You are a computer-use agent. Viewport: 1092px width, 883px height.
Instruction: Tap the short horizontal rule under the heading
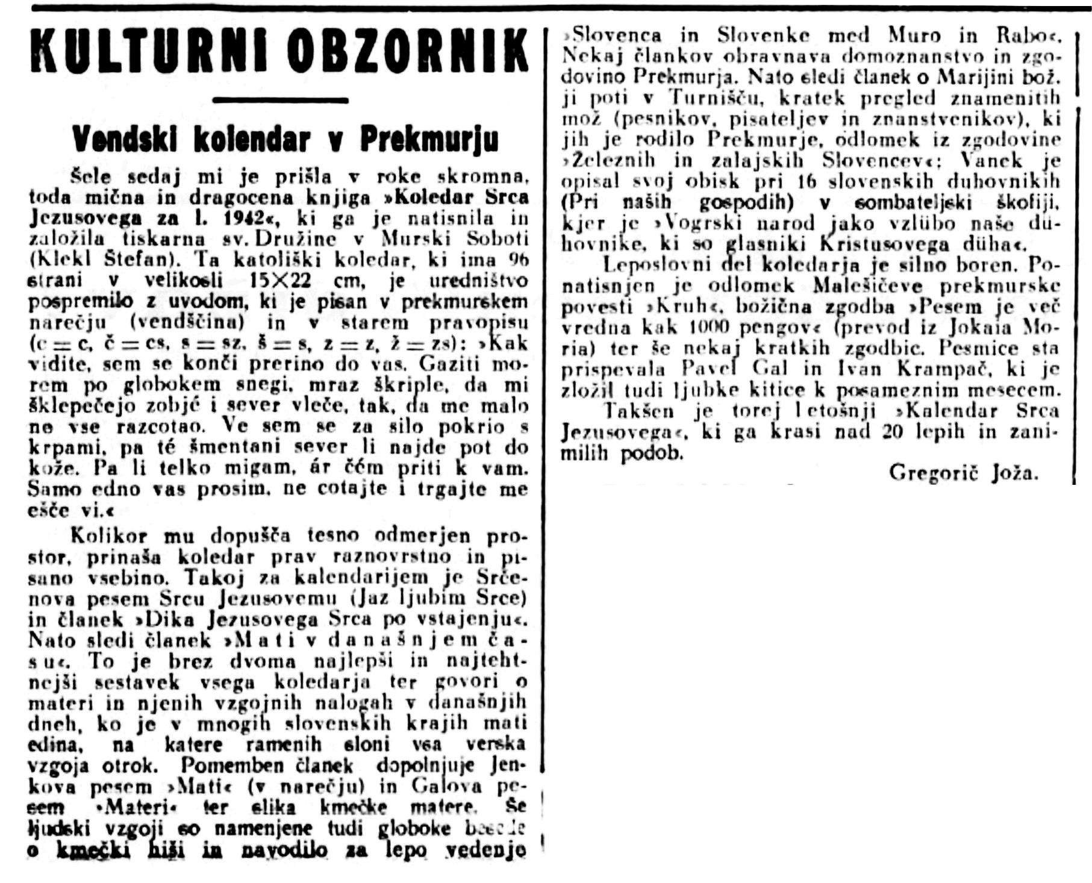pos(281,100)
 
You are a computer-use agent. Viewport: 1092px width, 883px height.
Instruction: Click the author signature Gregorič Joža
pos(964,473)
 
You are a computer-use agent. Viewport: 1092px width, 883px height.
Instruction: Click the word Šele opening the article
pos(91,177)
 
